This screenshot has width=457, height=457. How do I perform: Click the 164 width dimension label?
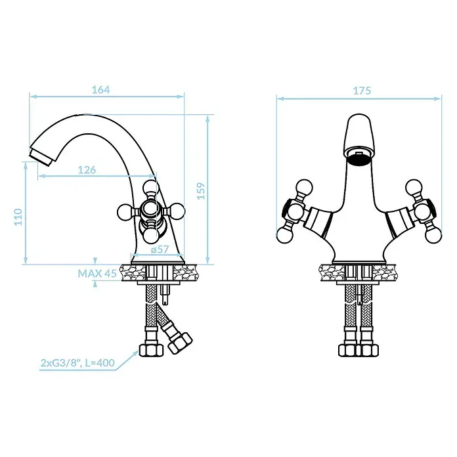[x=101, y=89]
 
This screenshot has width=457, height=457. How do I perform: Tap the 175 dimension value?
[x=362, y=91]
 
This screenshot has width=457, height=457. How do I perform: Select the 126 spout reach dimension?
[x=87, y=170]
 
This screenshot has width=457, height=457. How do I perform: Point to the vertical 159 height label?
[x=201, y=191]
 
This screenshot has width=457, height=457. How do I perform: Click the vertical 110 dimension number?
[x=18, y=217]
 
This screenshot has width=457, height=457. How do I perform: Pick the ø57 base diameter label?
[x=160, y=250]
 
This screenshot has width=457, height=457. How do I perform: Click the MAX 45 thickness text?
[x=97, y=273]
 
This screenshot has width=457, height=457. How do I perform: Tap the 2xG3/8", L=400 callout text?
[x=77, y=363]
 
